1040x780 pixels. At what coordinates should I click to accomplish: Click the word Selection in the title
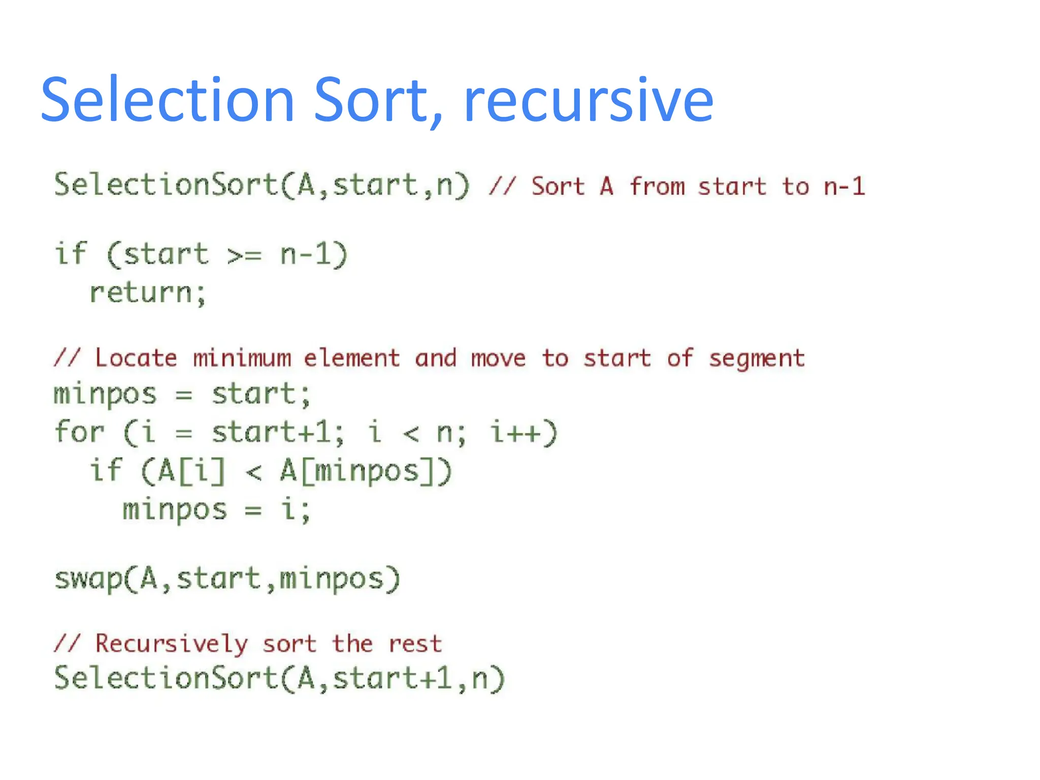point(168,100)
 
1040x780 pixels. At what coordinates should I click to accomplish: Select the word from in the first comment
point(658,186)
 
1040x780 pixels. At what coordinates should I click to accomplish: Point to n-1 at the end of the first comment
point(844,186)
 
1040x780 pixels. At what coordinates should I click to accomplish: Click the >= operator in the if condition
point(244,254)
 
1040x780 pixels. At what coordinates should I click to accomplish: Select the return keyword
point(141,293)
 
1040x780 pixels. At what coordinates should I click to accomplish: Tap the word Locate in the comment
point(136,359)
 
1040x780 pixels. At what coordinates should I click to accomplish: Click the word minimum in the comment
point(242,359)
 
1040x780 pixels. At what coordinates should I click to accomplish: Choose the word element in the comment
point(352,359)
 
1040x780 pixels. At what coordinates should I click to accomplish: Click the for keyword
point(79,433)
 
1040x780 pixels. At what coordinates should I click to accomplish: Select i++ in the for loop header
point(524,433)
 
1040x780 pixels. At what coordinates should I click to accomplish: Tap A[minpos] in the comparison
point(366,471)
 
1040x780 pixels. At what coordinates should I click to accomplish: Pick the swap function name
point(88,579)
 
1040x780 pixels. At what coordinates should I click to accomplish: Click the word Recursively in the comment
point(172,644)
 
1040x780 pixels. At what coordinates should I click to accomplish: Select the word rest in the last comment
point(415,644)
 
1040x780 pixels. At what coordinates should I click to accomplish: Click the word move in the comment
point(498,359)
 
